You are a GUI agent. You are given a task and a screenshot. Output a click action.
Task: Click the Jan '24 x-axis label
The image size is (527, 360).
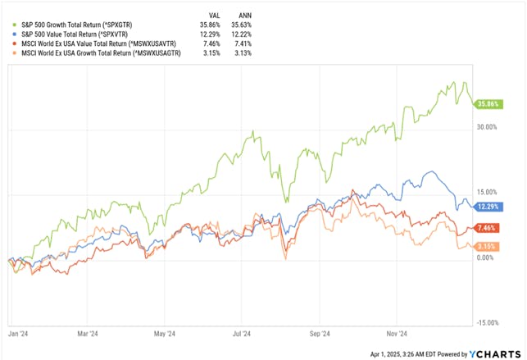pyautogui.click(x=18, y=335)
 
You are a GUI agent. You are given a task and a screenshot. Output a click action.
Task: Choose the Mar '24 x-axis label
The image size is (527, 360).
pyautogui.click(x=88, y=335)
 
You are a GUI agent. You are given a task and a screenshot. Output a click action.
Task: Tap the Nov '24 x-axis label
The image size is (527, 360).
pyautogui.click(x=397, y=335)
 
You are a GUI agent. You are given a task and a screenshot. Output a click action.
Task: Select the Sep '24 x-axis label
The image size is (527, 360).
pyautogui.click(x=320, y=335)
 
